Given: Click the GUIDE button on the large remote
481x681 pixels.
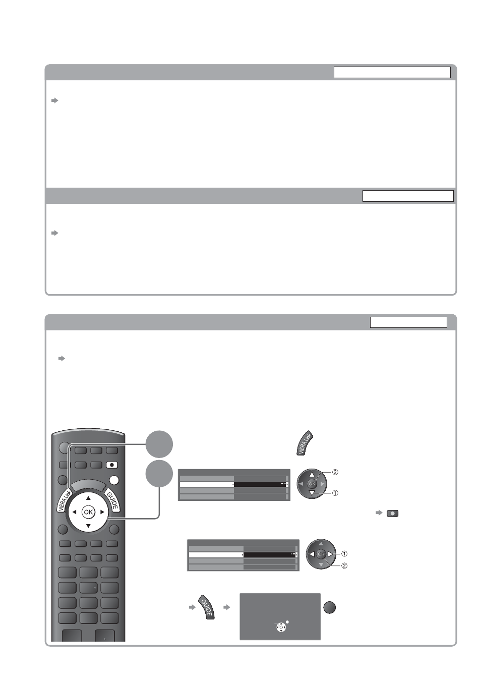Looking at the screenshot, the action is point(112,500).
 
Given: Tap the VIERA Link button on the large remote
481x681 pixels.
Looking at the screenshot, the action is point(64,500).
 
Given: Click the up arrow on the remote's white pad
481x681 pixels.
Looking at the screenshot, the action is point(88,498).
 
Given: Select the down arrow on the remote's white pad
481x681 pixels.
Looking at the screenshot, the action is point(88,526).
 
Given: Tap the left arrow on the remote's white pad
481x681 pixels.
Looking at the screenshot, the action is point(74,513).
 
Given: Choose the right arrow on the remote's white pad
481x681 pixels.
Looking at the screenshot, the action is point(102,513).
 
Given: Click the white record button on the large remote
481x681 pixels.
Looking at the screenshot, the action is point(112,465).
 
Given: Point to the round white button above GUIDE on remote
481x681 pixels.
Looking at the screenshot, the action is point(114,480).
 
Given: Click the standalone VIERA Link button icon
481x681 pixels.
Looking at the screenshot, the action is point(305,443).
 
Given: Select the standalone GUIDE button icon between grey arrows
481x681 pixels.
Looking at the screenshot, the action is point(206,607).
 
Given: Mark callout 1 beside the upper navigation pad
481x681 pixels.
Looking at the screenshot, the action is point(335,493).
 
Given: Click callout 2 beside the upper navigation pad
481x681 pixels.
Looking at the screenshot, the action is point(335,472).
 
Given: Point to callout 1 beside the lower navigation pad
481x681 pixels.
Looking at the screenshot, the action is point(344,554).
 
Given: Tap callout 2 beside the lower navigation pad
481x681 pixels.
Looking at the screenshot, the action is point(344,566).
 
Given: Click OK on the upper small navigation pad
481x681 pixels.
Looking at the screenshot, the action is point(312,484).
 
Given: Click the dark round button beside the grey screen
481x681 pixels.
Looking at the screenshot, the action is point(329,608).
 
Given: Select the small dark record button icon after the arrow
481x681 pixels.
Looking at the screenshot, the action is point(392,514).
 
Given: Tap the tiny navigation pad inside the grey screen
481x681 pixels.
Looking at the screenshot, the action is point(281,627).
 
